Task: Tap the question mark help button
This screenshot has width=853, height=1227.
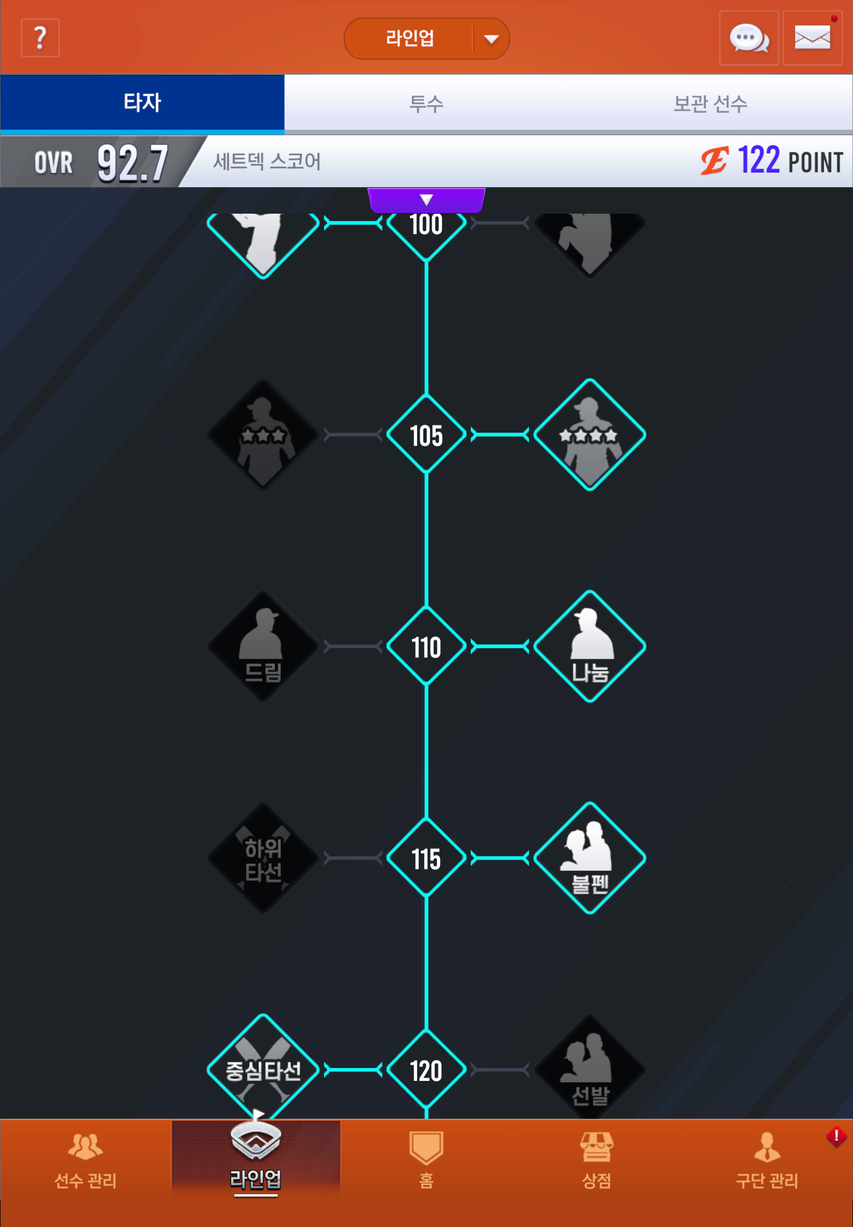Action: pyautogui.click(x=40, y=38)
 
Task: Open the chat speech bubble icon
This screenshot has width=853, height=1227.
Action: pyautogui.click(x=749, y=38)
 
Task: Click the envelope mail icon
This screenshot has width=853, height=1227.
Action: pyautogui.click(x=812, y=38)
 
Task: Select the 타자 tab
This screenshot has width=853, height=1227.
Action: pyautogui.click(x=142, y=102)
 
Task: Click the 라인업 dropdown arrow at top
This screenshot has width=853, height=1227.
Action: pyautogui.click(x=491, y=39)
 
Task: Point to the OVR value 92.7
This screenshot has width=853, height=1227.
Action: pyautogui.click(x=133, y=163)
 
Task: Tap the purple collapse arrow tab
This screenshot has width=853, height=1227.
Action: pyautogui.click(x=426, y=200)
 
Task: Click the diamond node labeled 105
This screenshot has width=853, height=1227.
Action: pyautogui.click(x=426, y=435)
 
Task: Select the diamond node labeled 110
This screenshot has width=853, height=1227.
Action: pyautogui.click(x=426, y=646)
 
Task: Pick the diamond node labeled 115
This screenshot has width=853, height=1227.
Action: pyautogui.click(x=426, y=858)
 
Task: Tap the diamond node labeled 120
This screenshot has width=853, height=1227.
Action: pyautogui.click(x=426, y=1070)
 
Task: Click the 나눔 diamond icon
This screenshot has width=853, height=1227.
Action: pyautogui.click(x=589, y=646)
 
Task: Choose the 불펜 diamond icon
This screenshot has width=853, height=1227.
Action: pyautogui.click(x=589, y=858)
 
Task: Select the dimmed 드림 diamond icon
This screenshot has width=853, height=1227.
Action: pyautogui.click(x=263, y=646)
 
